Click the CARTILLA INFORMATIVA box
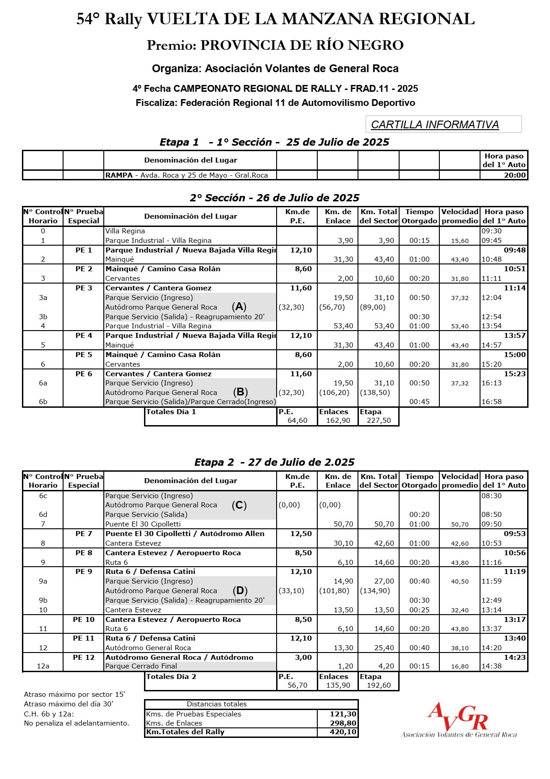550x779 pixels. pos(443,124)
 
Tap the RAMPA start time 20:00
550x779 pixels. pos(515,175)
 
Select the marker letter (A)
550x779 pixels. pos(239,307)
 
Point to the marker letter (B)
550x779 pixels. pos(240,392)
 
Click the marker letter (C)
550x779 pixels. pos(239,505)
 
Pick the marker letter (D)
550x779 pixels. pos(240,590)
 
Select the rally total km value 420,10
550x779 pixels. pos(343,732)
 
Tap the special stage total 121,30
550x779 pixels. pos(343,714)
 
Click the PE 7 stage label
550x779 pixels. pos(84,534)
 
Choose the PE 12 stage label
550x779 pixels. pos(84,658)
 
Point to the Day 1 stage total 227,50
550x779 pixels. pos(379,421)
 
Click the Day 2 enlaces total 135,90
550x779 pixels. pos(338,685)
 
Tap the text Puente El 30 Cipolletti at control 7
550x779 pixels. pos(143,524)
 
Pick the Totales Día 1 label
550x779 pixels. pos(171,412)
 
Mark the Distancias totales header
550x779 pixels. pos(217,704)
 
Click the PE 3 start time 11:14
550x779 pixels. pos(515,288)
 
